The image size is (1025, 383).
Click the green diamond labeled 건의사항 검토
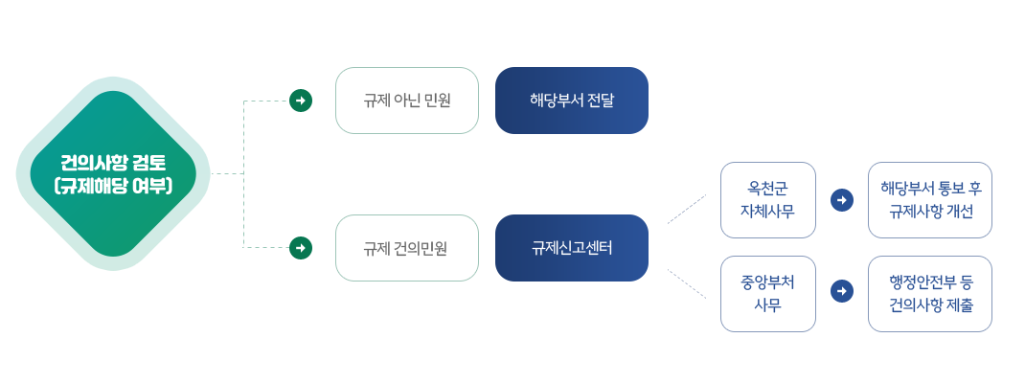pyautogui.click(x=113, y=174)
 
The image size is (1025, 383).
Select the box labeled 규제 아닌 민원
pyautogui.click(x=407, y=101)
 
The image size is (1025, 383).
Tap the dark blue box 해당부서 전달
pyautogui.click(x=572, y=101)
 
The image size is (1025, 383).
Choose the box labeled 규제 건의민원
pyautogui.click(x=407, y=248)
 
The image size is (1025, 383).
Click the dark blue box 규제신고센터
pyautogui.click(x=572, y=248)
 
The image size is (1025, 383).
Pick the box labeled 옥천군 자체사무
pyautogui.click(x=768, y=200)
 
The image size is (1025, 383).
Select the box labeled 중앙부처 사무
pyautogui.click(x=768, y=294)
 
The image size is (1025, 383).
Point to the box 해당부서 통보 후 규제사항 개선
pyautogui.click(x=930, y=200)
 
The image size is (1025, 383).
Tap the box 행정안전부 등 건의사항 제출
pyautogui.click(x=930, y=294)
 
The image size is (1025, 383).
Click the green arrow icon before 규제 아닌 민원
pyautogui.click(x=301, y=101)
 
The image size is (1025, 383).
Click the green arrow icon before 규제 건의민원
pyautogui.click(x=301, y=248)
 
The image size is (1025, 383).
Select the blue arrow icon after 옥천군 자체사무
pyautogui.click(x=842, y=200)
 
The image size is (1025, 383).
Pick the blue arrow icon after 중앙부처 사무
pyautogui.click(x=842, y=291)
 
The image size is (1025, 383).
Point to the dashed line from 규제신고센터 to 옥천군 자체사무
pyautogui.click(x=687, y=209)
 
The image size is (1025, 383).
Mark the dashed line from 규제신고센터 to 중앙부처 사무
pyautogui.click(x=687, y=283)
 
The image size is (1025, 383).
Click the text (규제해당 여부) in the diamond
pyautogui.click(x=113, y=187)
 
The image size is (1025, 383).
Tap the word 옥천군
pyautogui.click(x=768, y=190)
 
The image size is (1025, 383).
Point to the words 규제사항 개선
pyautogui.click(x=930, y=213)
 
